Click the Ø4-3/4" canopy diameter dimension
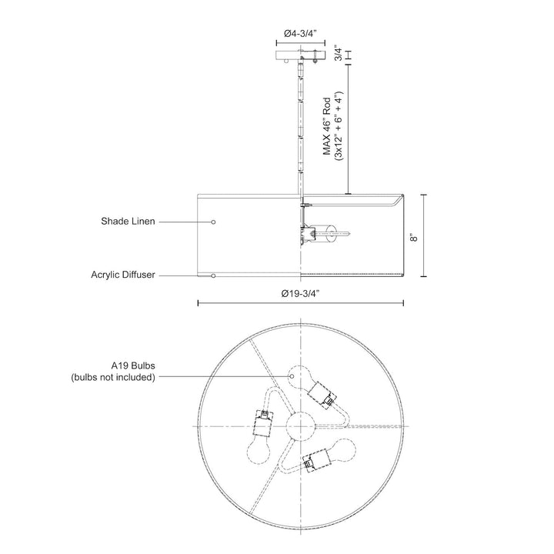point(300,34)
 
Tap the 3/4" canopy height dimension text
point(339,55)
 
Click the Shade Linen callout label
point(128,222)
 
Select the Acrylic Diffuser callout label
point(123,275)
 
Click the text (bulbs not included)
point(113,377)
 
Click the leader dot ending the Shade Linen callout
point(214,222)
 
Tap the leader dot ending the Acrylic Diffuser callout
point(214,275)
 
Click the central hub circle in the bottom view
point(299,425)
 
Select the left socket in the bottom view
point(264,422)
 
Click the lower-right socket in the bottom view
point(315,461)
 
